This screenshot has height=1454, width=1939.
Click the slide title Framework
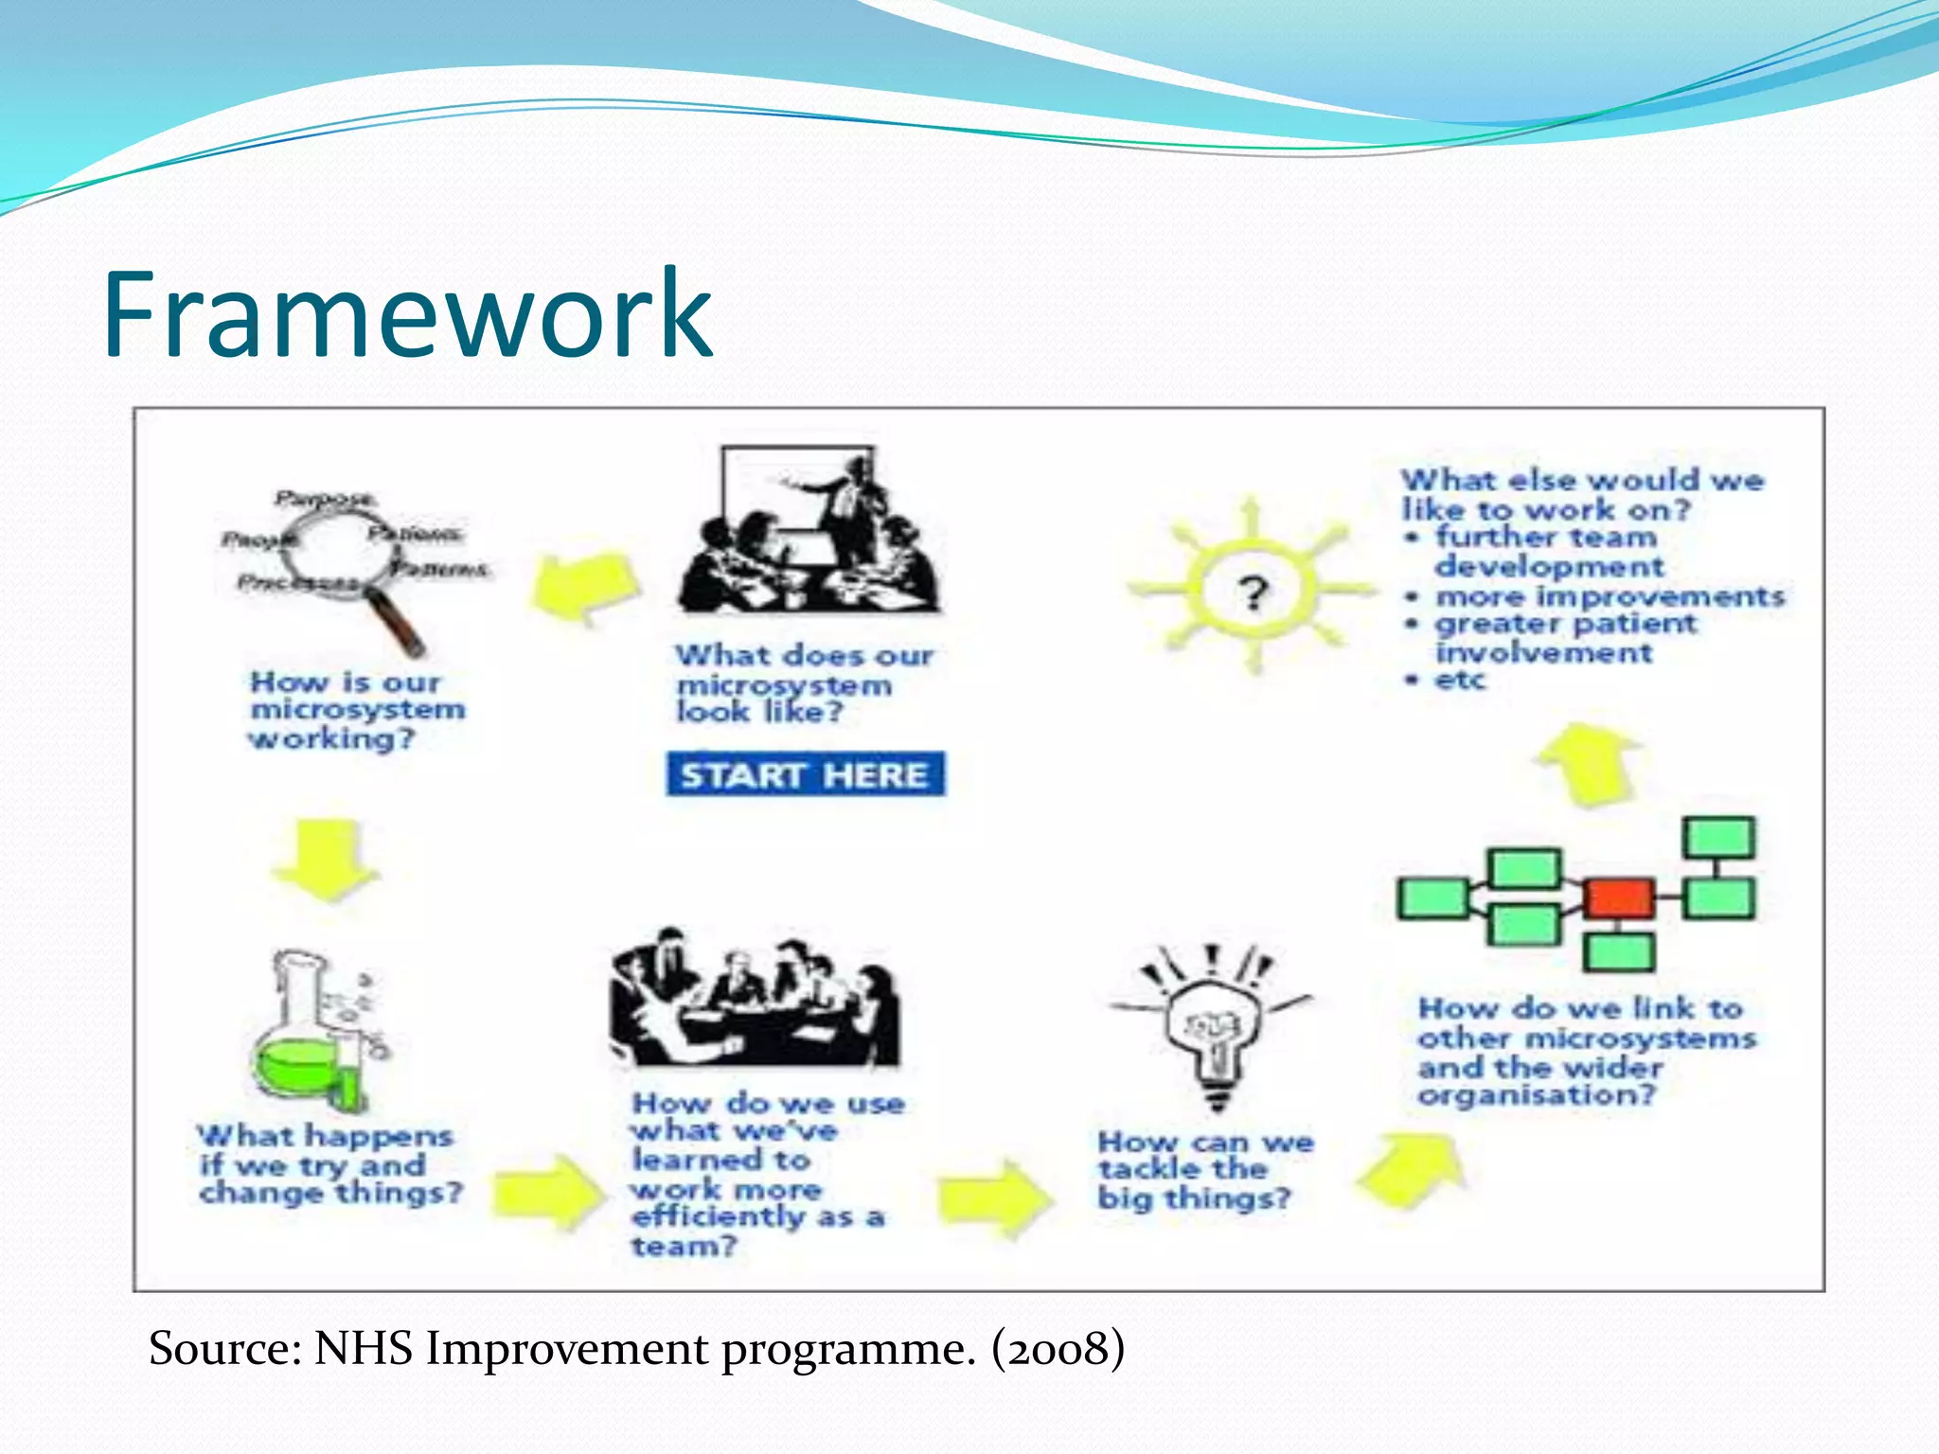407,314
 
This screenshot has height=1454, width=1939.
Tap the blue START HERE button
805,774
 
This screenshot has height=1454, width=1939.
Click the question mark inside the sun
1254,594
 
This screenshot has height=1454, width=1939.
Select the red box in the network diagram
1620,897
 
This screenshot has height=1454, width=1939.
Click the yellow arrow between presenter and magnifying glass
585,587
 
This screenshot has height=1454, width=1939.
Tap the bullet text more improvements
1610,596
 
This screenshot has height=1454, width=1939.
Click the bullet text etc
1459,680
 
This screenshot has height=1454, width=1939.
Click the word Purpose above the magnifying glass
325,498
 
